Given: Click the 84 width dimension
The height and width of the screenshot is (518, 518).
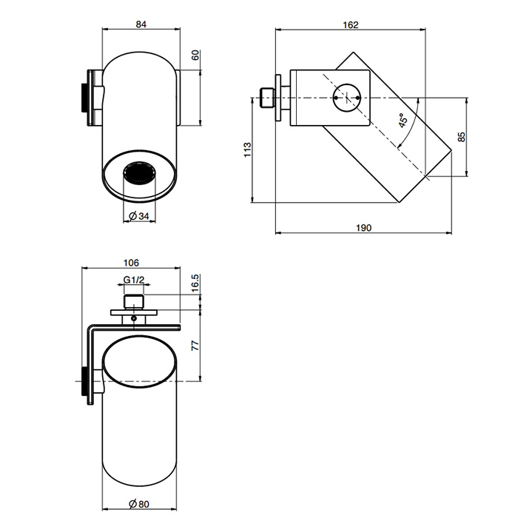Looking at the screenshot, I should [x=141, y=24].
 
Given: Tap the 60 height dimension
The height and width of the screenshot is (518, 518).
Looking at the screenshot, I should [x=196, y=55].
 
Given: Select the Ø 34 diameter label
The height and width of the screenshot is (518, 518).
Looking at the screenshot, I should [x=140, y=215].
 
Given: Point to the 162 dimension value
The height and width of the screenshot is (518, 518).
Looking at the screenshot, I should [x=351, y=24].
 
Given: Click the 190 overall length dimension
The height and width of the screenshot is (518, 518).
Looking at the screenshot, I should [x=363, y=227].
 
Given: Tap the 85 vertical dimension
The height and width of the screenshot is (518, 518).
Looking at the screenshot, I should [x=461, y=137].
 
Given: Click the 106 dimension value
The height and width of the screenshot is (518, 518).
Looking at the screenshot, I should [x=132, y=263].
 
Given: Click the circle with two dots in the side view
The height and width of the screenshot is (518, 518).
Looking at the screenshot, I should [x=347, y=97].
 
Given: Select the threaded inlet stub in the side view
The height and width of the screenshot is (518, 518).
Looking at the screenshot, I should [x=267, y=97].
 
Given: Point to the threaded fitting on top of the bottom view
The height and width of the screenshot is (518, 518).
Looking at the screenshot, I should [x=134, y=302].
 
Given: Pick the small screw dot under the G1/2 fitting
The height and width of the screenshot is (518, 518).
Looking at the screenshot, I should [x=133, y=318].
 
